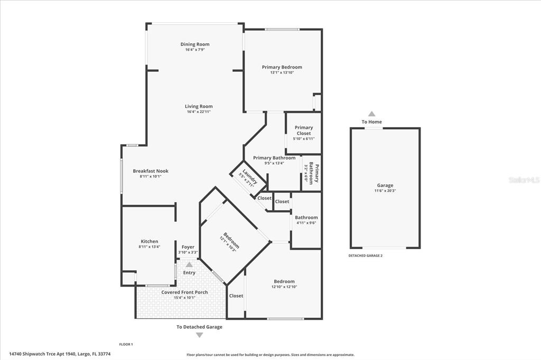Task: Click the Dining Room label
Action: (x=195, y=44)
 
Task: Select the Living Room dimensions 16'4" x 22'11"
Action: (x=199, y=112)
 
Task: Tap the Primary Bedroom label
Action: (x=282, y=67)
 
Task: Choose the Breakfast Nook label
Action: (x=151, y=171)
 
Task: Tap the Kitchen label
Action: (x=149, y=241)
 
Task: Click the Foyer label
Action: (x=188, y=247)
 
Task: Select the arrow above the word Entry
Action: (x=189, y=264)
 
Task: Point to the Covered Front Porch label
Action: (x=184, y=292)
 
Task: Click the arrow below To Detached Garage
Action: (x=199, y=335)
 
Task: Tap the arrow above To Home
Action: (x=371, y=113)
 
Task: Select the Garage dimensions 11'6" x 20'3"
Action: (x=385, y=191)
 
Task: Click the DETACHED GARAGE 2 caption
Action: (x=366, y=255)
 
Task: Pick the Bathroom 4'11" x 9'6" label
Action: (x=306, y=217)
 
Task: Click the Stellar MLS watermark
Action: (x=524, y=180)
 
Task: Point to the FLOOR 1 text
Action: (x=126, y=344)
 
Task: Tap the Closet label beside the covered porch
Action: (x=236, y=296)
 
